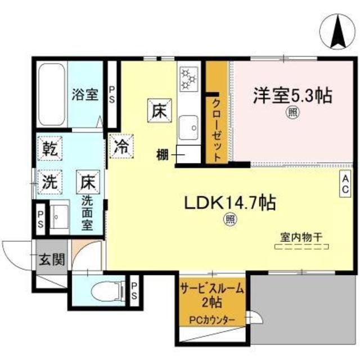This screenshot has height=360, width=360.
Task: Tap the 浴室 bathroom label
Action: coord(84,94)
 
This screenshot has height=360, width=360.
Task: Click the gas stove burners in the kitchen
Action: coord(188,79)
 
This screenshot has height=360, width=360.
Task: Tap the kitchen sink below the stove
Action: coord(188,129)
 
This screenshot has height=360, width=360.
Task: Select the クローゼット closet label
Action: coord(217,129)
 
